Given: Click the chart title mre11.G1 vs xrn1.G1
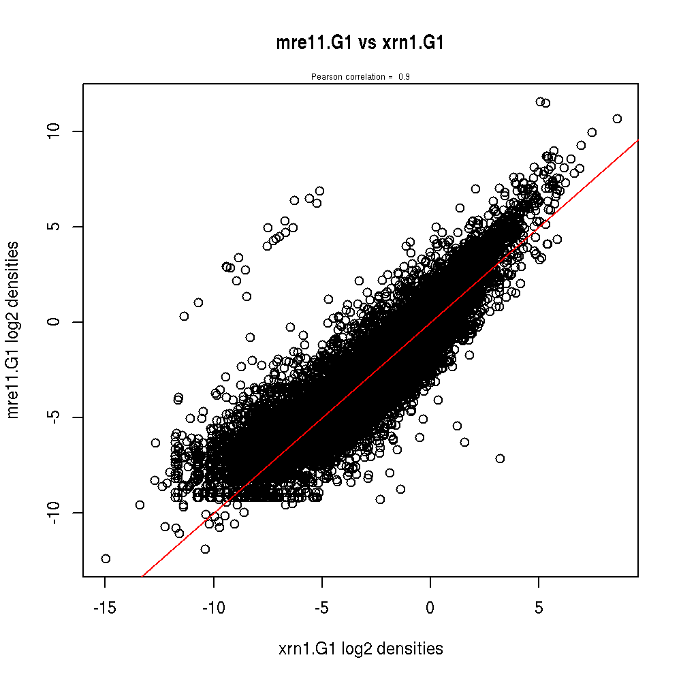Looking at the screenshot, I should click(360, 44).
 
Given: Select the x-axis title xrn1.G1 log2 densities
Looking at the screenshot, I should click(361, 648).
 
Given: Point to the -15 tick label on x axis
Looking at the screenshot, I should click(105, 608).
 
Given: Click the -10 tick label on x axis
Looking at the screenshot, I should click(214, 608).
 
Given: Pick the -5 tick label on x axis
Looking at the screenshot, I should click(322, 608).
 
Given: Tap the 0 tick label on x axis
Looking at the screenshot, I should click(430, 608).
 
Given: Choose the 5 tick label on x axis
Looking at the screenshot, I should click(539, 608).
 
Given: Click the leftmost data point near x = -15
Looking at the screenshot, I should click(106, 558).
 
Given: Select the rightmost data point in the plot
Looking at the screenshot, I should click(617, 118).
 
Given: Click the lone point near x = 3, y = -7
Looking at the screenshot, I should click(500, 458).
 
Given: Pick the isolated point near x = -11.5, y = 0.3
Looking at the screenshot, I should click(184, 316).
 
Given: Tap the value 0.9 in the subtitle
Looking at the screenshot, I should click(404, 77).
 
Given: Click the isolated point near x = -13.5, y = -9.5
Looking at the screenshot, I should click(140, 505).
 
